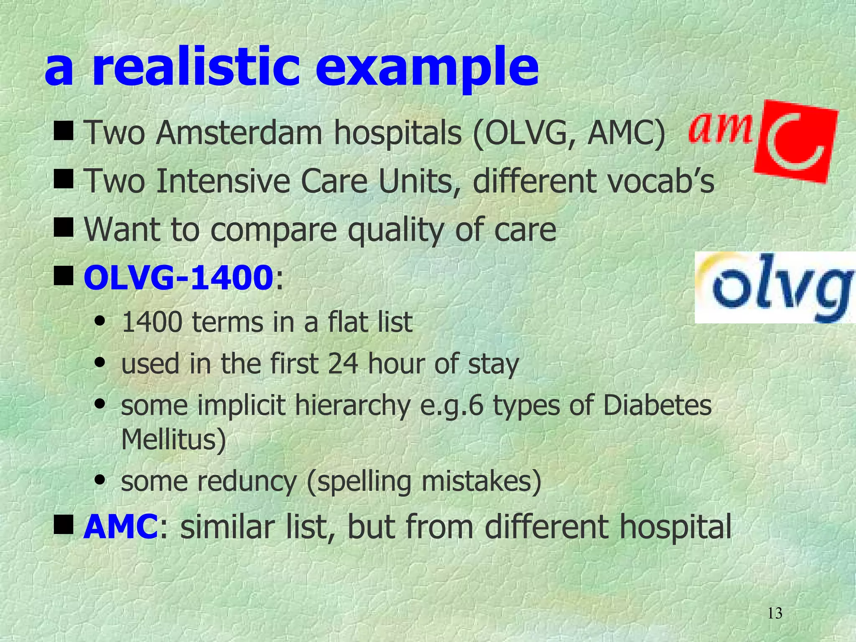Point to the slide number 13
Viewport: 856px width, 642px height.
(x=774, y=614)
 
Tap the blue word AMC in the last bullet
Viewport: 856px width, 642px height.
(x=120, y=527)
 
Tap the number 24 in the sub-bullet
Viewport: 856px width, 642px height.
(x=343, y=364)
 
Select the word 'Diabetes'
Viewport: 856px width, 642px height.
(x=657, y=405)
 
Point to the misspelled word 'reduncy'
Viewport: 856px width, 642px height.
(x=247, y=481)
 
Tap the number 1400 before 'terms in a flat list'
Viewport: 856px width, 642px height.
(x=152, y=323)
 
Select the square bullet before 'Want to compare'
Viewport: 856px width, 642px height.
(x=64, y=229)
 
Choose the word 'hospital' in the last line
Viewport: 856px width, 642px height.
(x=672, y=527)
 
